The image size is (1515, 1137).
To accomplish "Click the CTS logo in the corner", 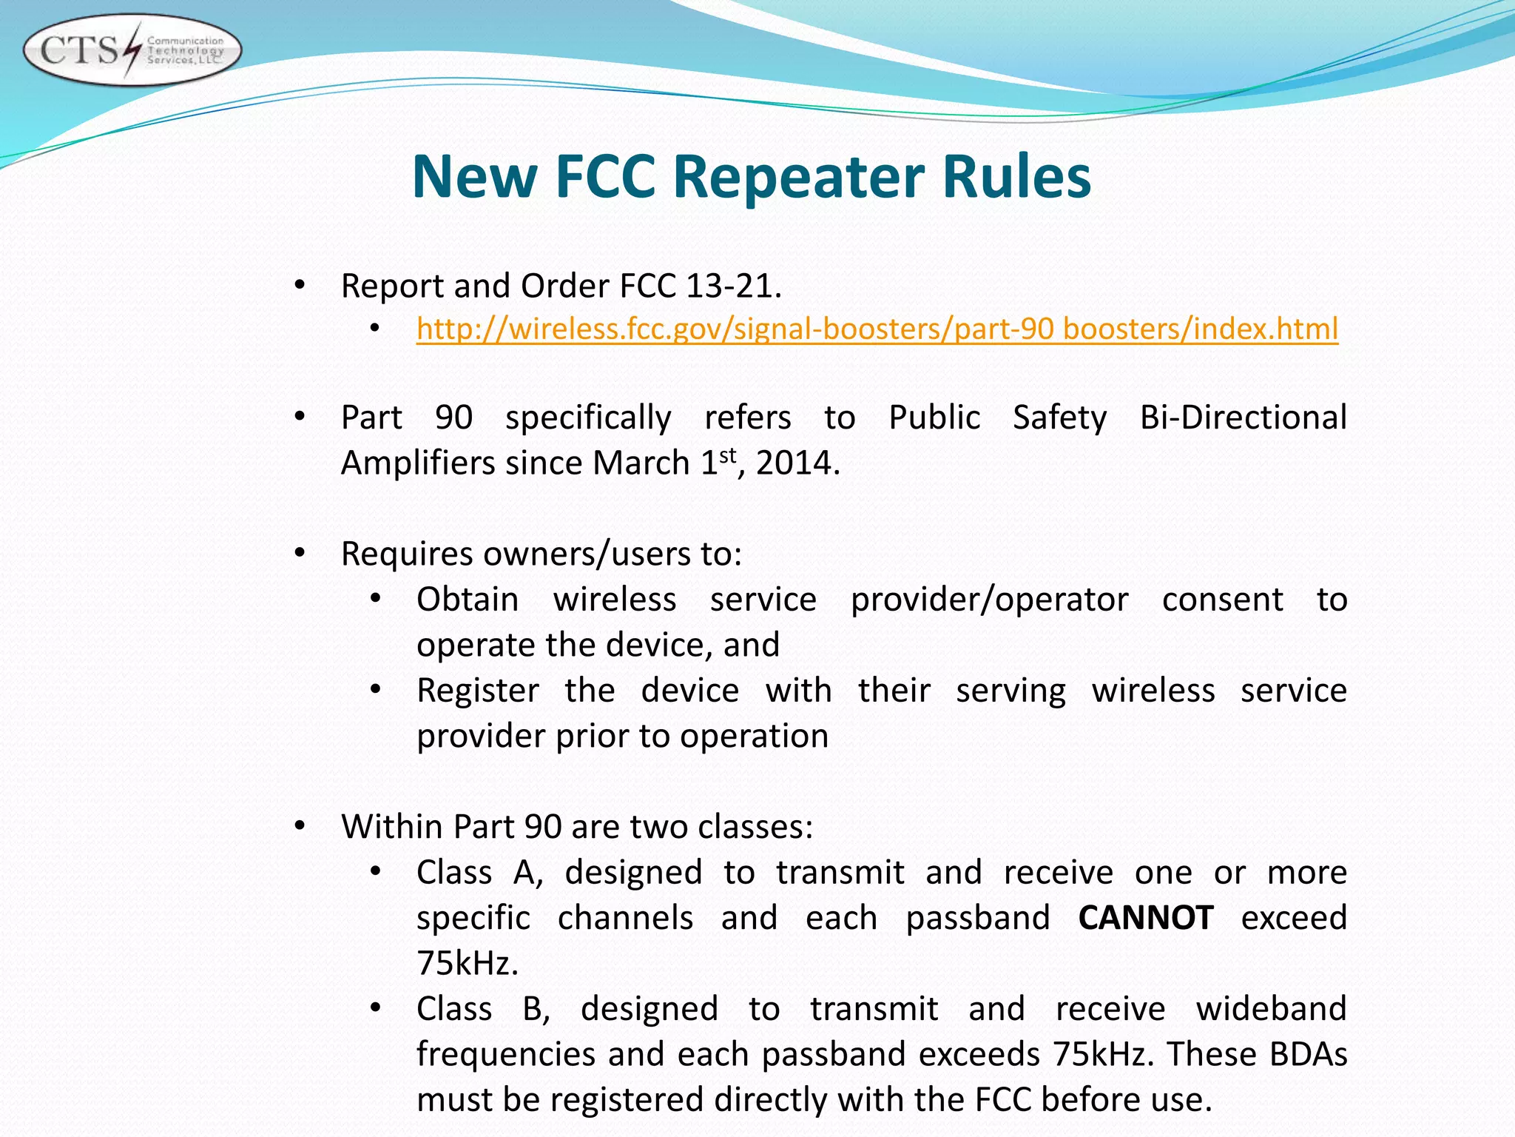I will click(x=132, y=50).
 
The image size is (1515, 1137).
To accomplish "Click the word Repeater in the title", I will click(x=798, y=177).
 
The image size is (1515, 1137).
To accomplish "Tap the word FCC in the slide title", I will click(x=605, y=177).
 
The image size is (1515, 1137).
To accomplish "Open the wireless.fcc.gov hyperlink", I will click(x=877, y=329).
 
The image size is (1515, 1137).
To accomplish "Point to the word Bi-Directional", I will click(x=1243, y=417).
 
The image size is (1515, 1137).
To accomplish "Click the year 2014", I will click(x=794, y=463).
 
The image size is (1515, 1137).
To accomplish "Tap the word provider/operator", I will click(x=989, y=600).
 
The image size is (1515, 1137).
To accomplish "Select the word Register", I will click(x=478, y=691).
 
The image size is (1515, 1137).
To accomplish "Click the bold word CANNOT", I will click(x=1145, y=918).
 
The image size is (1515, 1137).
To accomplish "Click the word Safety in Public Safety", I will click(x=1059, y=417).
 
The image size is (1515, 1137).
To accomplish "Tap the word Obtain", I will click(x=468, y=600).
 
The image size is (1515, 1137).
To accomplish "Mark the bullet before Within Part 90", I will click(x=299, y=826).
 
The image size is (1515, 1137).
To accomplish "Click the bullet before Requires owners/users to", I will click(x=299, y=553).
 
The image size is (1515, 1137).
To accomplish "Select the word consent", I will click(x=1222, y=600).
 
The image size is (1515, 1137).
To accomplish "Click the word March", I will click(x=641, y=463).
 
